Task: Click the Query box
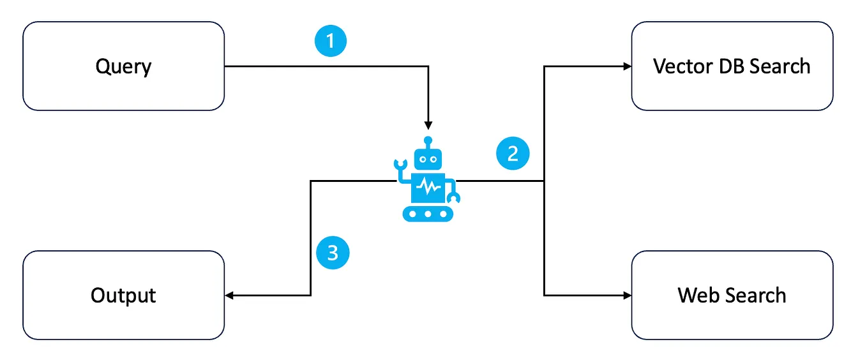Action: tap(123, 66)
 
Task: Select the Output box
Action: tap(123, 295)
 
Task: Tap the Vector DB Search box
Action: tap(732, 66)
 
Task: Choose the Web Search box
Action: tap(732, 295)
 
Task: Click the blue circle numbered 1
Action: tap(331, 42)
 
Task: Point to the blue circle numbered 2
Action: tap(513, 154)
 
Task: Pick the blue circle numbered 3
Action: tap(333, 253)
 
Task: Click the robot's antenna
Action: tap(428, 142)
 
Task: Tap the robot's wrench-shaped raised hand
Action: tap(400, 167)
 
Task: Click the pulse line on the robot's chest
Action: tap(428, 187)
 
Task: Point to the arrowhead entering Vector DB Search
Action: tap(626, 66)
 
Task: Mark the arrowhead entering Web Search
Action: tap(626, 295)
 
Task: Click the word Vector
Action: tap(681, 66)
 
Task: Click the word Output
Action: tap(123, 296)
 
